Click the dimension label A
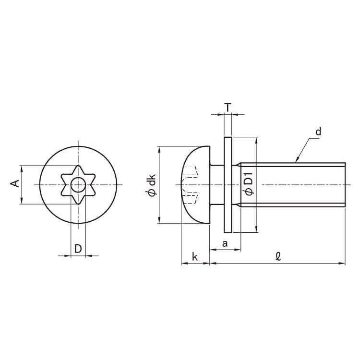point(15,183)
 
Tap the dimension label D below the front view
point(78,249)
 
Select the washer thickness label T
point(228,107)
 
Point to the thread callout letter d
point(318,132)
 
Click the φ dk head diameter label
point(152,185)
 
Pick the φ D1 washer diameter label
point(249,184)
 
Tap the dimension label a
point(225,243)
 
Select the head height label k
point(195,257)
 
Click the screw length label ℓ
point(278,256)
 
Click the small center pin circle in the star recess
point(78,184)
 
